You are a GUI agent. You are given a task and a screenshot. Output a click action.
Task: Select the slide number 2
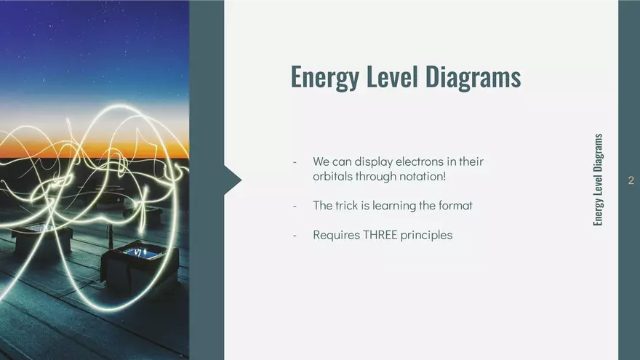[631, 180]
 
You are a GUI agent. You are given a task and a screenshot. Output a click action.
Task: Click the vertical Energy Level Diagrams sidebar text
[598, 179]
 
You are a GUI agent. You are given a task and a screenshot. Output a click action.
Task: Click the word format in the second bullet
[455, 206]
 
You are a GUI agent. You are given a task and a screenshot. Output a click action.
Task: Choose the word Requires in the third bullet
[336, 235]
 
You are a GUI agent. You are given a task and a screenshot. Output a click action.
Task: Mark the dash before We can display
[295, 161]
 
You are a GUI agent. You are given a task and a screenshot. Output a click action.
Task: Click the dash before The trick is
[295, 206]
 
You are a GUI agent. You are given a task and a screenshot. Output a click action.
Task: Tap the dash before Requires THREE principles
[295, 235]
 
